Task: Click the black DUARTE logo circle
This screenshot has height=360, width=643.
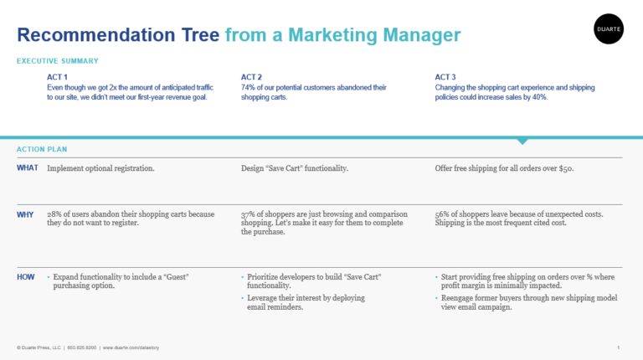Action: point(609,28)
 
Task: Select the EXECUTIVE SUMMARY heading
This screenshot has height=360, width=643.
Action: point(58,61)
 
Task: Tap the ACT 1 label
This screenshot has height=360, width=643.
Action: point(57,77)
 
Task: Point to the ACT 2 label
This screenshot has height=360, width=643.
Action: point(251,77)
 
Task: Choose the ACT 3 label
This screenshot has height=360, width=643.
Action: point(445,77)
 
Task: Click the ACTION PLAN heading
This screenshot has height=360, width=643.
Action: point(42,149)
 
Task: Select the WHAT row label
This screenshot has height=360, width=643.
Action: point(28,167)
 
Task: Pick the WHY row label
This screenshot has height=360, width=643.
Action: point(25,214)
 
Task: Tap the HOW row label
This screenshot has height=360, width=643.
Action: point(25,277)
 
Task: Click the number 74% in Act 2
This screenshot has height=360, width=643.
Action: point(248,87)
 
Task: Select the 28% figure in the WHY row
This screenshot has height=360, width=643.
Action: point(54,214)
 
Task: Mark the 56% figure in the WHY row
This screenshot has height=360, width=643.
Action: point(442,214)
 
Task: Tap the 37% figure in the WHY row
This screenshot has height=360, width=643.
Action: point(248,214)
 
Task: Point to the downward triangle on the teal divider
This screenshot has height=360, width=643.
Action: point(522,141)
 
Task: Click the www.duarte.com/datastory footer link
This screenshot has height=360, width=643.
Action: point(131,347)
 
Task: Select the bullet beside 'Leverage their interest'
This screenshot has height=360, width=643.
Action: point(242,298)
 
